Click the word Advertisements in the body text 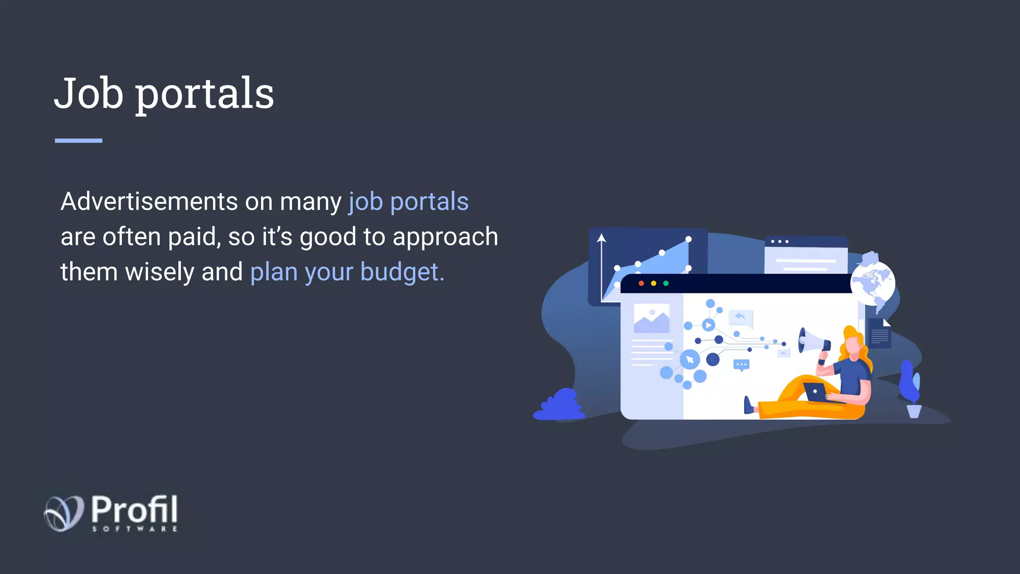[x=149, y=202]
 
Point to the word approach [x=445, y=237]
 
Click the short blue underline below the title [x=78, y=141]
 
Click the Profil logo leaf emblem [x=64, y=513]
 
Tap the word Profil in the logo [x=134, y=509]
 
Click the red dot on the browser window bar [x=641, y=284]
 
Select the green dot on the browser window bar [x=666, y=284]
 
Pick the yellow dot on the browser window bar [x=653, y=284]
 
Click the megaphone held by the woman [x=812, y=341]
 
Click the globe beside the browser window [x=873, y=284]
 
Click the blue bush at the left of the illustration [x=560, y=406]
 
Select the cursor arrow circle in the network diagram [x=690, y=359]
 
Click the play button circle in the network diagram [x=708, y=325]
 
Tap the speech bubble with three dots [x=742, y=365]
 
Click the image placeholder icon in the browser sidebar [x=651, y=319]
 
